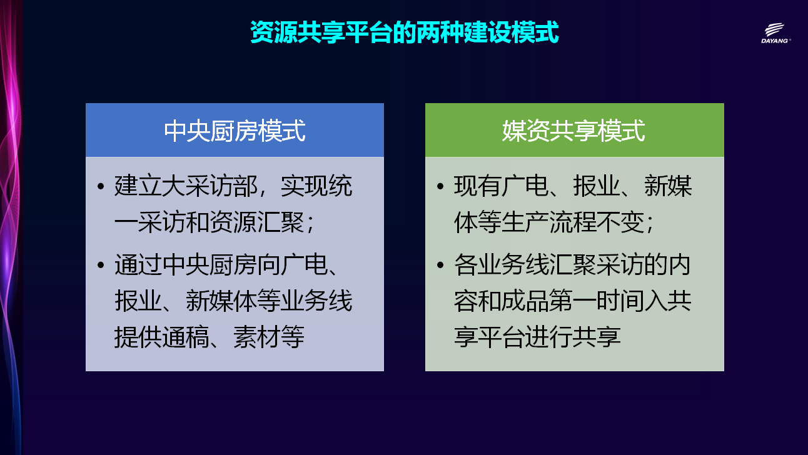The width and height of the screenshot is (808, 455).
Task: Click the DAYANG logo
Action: (775, 33)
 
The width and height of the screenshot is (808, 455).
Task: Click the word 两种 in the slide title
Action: (440, 32)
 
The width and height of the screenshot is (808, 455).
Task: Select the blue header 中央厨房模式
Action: (235, 130)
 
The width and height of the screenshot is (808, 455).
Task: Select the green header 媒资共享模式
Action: (575, 130)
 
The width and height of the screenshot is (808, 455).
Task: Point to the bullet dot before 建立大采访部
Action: (101, 186)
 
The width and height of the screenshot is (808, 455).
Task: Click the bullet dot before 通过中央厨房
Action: (101, 266)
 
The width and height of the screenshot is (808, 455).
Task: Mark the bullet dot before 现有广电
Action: (440, 186)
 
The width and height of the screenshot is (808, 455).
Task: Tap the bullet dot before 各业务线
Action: (440, 266)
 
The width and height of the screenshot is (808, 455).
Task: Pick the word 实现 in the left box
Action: (304, 186)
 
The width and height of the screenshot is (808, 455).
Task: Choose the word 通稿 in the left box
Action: (186, 337)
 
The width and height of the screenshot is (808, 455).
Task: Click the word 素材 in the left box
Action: (257, 337)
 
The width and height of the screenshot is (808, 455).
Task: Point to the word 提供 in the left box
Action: (138, 337)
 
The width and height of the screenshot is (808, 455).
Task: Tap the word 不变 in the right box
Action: (620, 222)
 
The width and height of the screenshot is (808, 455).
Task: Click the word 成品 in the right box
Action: (525, 301)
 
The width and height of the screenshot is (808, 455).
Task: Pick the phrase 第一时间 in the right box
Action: (597, 301)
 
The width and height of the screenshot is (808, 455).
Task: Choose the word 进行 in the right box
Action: (548, 337)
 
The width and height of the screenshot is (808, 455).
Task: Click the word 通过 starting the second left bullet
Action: (138, 264)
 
